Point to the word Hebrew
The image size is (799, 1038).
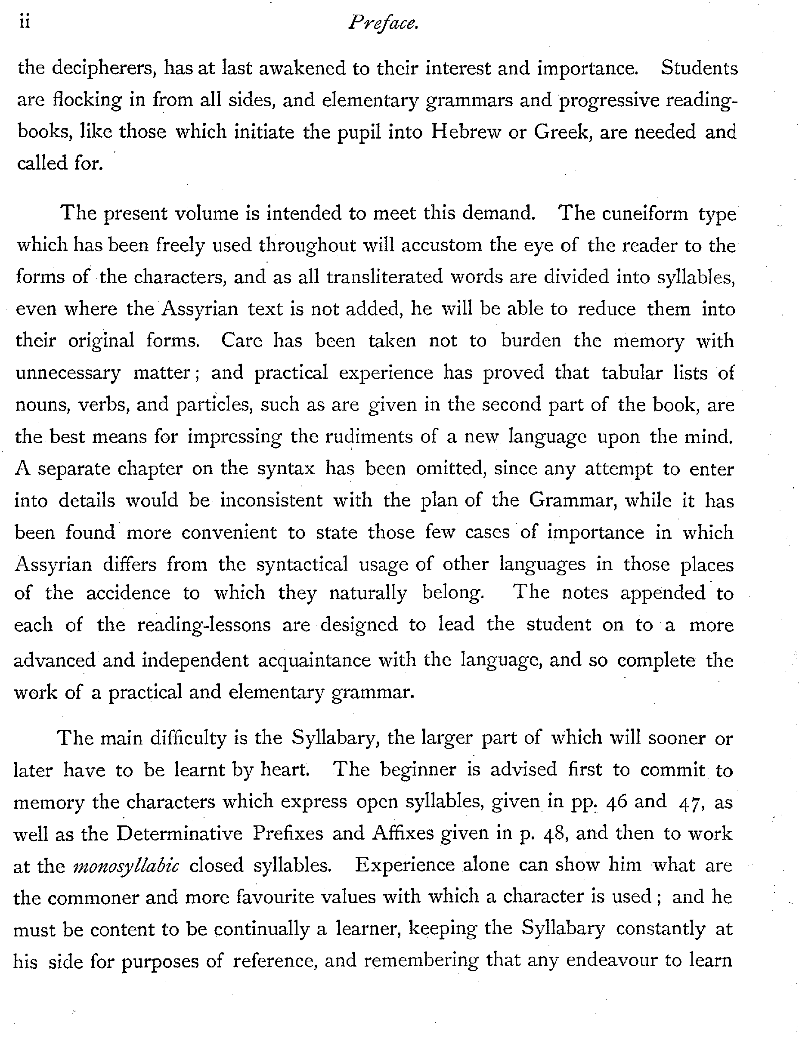pos(465,132)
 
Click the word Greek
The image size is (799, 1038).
pos(561,132)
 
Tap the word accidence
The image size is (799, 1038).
pos(128,593)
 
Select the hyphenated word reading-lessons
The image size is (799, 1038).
pos(204,625)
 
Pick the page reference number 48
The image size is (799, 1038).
pos(553,834)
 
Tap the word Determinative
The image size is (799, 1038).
pos(180,833)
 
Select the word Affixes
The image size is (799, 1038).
pos(403,833)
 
